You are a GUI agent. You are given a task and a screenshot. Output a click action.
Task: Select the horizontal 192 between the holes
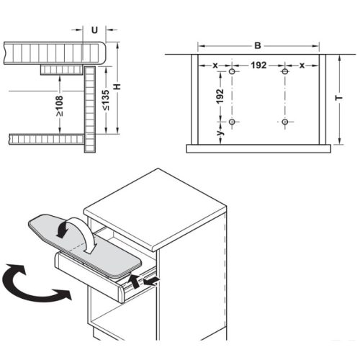[259, 65]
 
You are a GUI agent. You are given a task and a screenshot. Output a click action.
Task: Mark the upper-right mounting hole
[285, 72]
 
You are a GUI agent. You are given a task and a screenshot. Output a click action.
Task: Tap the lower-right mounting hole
[285, 122]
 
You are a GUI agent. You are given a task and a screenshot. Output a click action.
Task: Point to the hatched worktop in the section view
[54, 51]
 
